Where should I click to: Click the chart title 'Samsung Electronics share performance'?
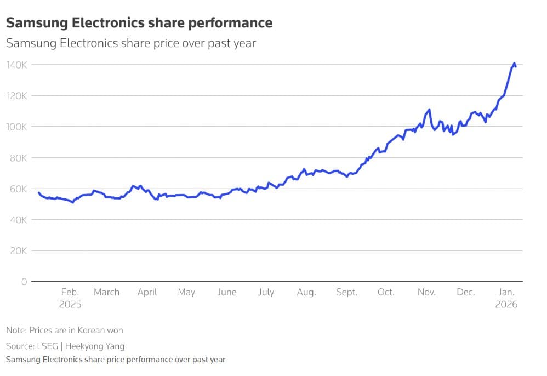[139, 23]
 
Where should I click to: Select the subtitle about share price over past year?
[131, 43]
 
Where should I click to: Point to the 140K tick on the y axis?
[16, 65]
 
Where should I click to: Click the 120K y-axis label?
[16, 96]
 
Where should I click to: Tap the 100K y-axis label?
[16, 127]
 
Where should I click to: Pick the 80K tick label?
[16, 158]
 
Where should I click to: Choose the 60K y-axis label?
[16, 189]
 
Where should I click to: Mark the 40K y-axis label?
[16, 220]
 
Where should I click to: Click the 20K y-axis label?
[16, 251]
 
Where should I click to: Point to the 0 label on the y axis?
[24, 282]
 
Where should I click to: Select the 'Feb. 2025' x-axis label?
[70, 298]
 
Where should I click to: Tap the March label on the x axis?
[106, 292]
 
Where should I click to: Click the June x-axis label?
[226, 292]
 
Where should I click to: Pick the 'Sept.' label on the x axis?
[346, 292]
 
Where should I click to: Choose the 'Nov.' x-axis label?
[426, 292]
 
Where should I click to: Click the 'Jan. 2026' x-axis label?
[506, 298]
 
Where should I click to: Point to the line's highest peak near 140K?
[514, 64]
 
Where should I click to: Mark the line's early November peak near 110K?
[429, 110]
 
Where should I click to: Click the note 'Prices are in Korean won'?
[65, 331]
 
